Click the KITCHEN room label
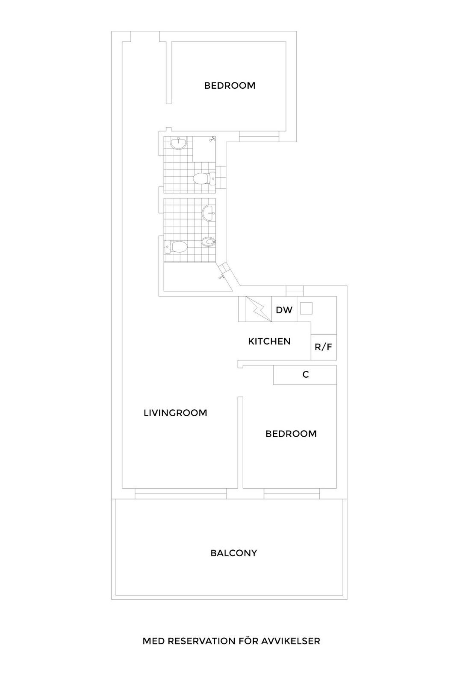pos(269,341)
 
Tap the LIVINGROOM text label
pos(175,413)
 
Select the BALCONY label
pos(234,553)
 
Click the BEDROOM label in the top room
pos(230,86)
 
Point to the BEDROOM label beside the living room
pos(291,434)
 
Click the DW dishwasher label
pos(284,310)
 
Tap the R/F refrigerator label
pos(323,347)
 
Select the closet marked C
pos(305,375)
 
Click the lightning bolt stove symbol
pos(259,309)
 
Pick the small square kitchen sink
pos(306,309)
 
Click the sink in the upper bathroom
pos(178,143)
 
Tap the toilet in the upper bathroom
pos(204,178)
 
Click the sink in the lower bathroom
pos(209,212)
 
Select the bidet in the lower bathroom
pos(209,242)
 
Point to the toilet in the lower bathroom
pos(175,247)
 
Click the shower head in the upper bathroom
pos(212,139)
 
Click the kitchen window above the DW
pos(295,291)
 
